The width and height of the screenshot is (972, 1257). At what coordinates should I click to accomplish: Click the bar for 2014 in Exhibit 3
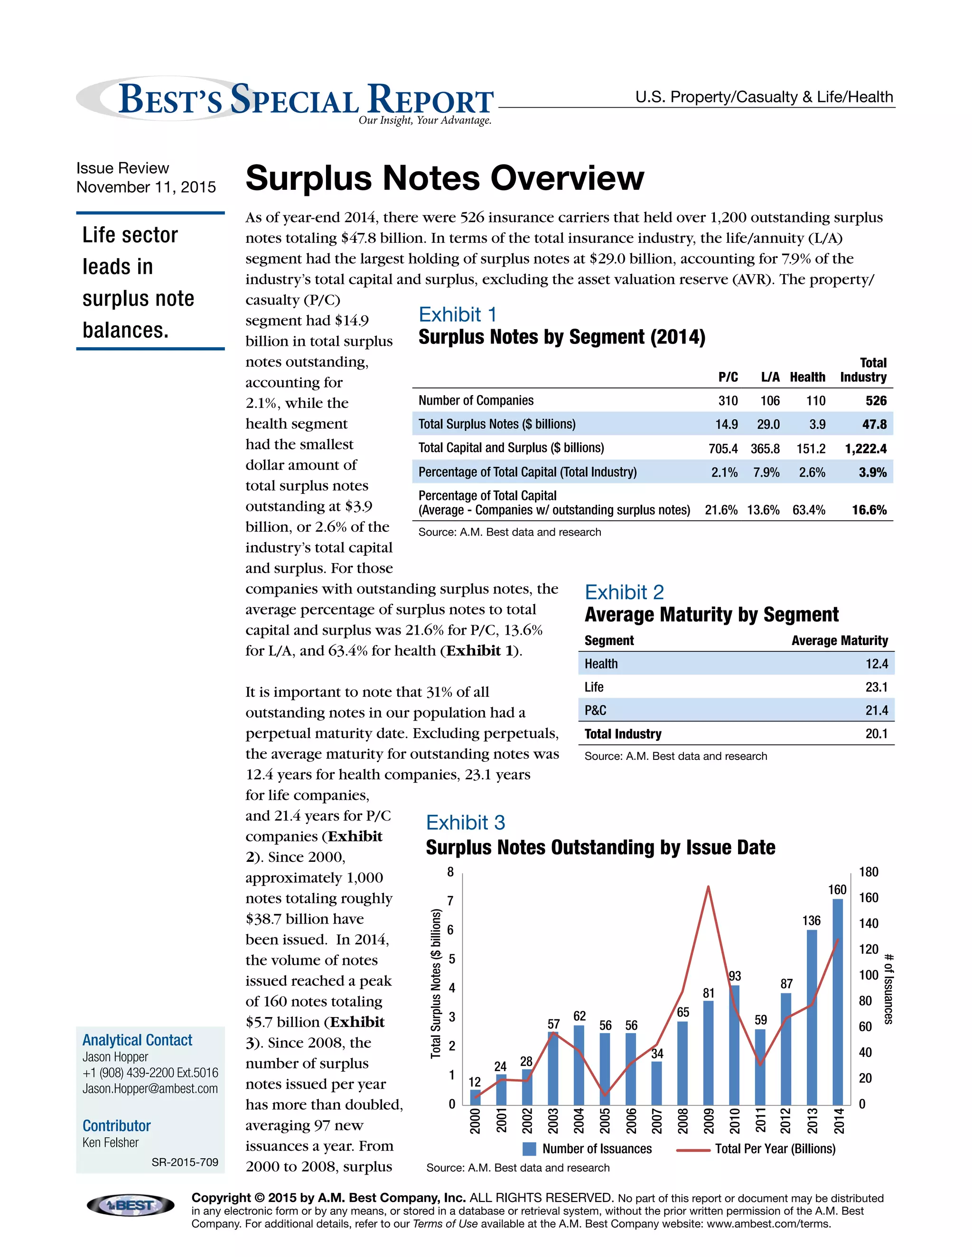pos(837,1002)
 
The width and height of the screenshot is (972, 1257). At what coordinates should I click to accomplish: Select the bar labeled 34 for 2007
pos(656,1084)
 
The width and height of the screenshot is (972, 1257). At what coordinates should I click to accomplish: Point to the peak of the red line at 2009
pos(708,887)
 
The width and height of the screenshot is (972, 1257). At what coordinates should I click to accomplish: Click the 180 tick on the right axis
pos(869,872)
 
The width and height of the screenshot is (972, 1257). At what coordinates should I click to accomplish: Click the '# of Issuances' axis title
pos(888,989)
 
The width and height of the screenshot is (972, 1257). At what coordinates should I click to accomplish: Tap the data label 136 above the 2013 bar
pos(811,920)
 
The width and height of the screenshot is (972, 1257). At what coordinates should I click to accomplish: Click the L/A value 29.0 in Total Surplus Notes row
pos(768,424)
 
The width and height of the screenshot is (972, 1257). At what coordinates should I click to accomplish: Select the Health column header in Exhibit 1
pos(807,377)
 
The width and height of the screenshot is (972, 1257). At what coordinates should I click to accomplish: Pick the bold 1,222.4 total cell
pos(866,448)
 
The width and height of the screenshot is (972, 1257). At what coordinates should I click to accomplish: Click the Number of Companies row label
pos(476,401)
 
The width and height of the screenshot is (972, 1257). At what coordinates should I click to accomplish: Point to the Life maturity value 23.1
pos(876,687)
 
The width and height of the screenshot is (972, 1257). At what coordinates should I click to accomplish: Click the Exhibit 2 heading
pos(624,592)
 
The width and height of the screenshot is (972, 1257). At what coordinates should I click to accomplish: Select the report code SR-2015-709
pos(185,1162)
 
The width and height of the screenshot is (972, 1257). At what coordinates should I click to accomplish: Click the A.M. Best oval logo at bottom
pos(130,1205)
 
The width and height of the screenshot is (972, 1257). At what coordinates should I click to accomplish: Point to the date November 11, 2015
pos(146,187)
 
